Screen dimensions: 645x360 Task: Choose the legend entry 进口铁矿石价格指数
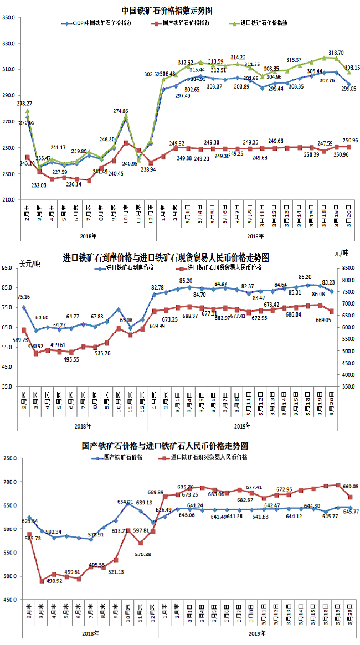click(265, 24)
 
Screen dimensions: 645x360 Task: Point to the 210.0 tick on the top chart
click(10, 200)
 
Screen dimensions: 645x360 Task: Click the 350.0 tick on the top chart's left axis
click(10, 18)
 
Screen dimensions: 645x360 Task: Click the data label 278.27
click(24, 104)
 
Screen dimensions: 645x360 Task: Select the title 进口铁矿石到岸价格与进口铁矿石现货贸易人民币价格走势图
click(166, 257)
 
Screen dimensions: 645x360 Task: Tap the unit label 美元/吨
click(29, 263)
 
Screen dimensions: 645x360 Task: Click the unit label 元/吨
click(341, 253)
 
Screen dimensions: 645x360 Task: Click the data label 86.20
click(306, 277)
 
